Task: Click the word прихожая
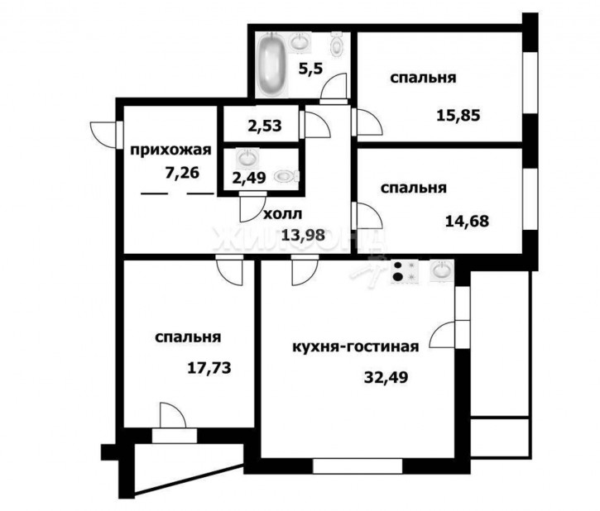[171, 150]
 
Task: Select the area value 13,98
[303, 234]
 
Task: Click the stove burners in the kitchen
[405, 271]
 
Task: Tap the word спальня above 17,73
[188, 337]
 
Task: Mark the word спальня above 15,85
[424, 79]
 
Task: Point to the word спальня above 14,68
[413, 189]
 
